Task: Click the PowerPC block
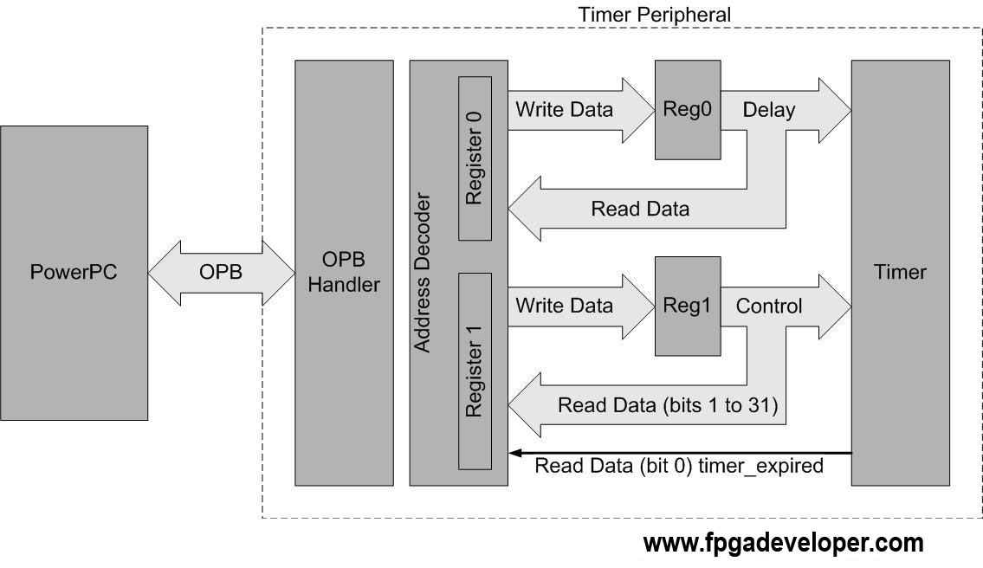[x=74, y=273]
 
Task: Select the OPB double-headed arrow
[x=222, y=273]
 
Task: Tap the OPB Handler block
[x=344, y=273]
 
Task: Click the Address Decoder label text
[x=423, y=273]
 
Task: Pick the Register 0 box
[x=475, y=158]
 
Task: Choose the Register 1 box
[x=475, y=371]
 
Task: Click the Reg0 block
[x=688, y=110]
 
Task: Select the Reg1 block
[x=688, y=306]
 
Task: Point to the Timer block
[x=900, y=273]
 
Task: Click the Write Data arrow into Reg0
[x=581, y=110]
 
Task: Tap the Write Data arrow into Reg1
[x=581, y=307]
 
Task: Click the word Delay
[x=768, y=110]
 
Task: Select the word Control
[x=768, y=306]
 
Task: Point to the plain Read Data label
[x=640, y=209]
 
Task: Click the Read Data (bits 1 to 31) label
[x=668, y=405]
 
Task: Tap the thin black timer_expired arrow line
[x=680, y=453]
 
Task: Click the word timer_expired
[x=760, y=466]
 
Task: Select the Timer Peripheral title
[x=655, y=15]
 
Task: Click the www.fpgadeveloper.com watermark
[x=783, y=543]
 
